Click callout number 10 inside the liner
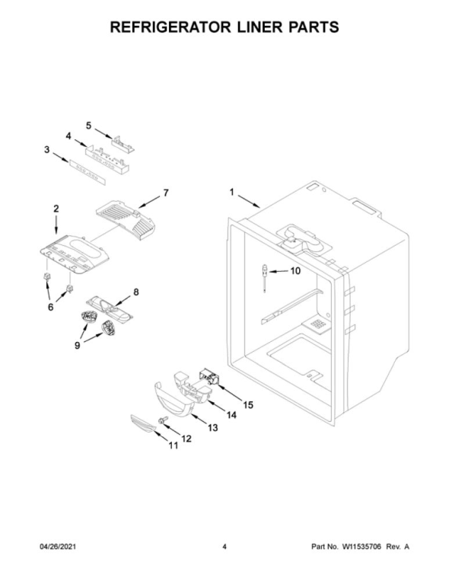pos(295,271)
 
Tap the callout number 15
pos(248,404)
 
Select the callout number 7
pos(166,193)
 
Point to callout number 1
pos(231,193)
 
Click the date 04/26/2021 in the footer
pos(57,547)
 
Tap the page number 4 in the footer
pos(224,547)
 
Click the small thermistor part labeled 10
pos(265,278)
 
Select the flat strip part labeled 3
pos(86,172)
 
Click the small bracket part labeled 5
pos(123,144)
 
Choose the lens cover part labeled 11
pos(143,423)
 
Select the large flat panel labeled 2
pos(75,254)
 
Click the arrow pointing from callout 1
pos(249,201)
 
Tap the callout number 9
pos(77,345)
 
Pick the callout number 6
pos(50,307)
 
